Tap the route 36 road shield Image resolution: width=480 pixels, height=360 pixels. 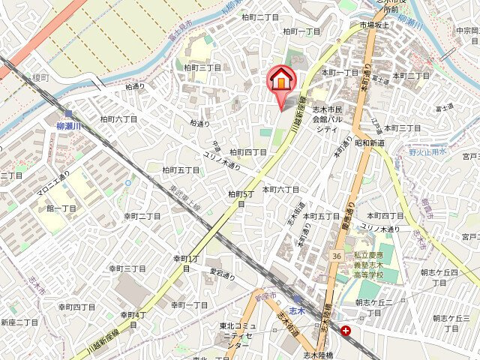336,256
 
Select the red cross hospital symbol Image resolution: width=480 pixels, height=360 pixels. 346,331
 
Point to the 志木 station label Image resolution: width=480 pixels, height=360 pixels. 297,309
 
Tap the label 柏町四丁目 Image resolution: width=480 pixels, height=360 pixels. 248,152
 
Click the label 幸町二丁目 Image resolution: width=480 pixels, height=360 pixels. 142,216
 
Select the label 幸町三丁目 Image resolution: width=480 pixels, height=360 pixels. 127,268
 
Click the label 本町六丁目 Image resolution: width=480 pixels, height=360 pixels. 280,189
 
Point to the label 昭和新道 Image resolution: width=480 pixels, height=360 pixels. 370,142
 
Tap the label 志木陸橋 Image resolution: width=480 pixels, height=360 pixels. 317,354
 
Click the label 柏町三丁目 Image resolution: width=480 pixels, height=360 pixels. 202,68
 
